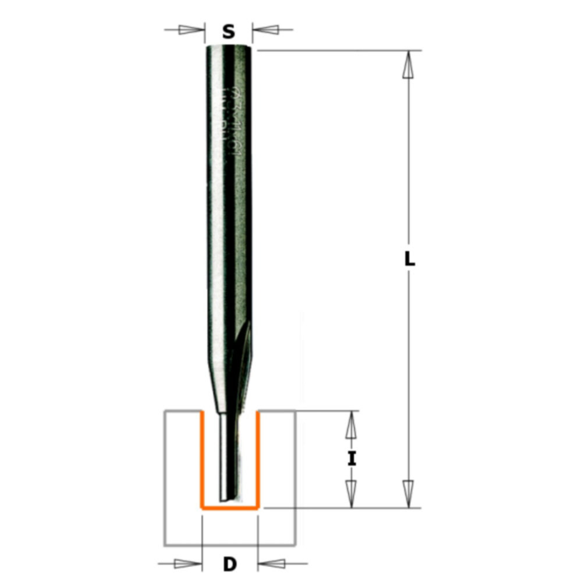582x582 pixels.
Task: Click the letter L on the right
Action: point(410,260)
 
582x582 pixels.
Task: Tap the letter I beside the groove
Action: point(350,460)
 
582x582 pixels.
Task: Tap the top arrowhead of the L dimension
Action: point(409,63)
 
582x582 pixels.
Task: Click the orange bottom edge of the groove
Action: point(230,508)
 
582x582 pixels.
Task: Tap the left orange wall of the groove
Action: point(201,460)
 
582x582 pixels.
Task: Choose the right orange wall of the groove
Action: point(258,460)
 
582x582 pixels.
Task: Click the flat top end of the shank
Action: point(229,47)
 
